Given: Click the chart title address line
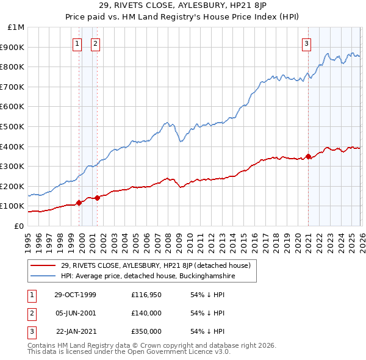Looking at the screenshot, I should tap(183, 6).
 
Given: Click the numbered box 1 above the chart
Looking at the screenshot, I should tap(78, 43).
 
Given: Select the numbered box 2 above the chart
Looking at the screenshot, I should tap(96, 43).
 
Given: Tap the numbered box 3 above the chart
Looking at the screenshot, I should tap(306, 43).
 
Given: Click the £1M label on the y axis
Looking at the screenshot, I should tap(16, 27).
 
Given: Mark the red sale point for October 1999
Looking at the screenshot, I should tap(79, 203).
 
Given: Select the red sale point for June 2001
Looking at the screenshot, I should tap(97, 198).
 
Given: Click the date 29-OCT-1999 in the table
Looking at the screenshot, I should tap(75, 295).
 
